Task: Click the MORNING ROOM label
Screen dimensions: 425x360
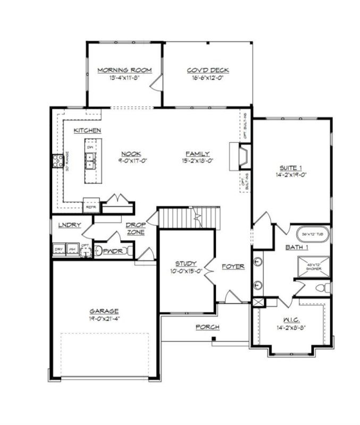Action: click(x=124, y=70)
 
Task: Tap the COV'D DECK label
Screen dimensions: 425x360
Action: click(x=207, y=70)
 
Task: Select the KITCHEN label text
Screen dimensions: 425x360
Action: click(x=88, y=130)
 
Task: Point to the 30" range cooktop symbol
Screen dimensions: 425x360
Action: click(x=57, y=161)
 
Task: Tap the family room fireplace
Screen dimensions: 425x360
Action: click(x=242, y=157)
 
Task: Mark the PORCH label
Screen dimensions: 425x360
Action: click(x=207, y=327)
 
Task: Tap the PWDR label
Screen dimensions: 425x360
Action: click(x=113, y=251)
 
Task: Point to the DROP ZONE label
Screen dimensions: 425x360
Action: click(x=136, y=229)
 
